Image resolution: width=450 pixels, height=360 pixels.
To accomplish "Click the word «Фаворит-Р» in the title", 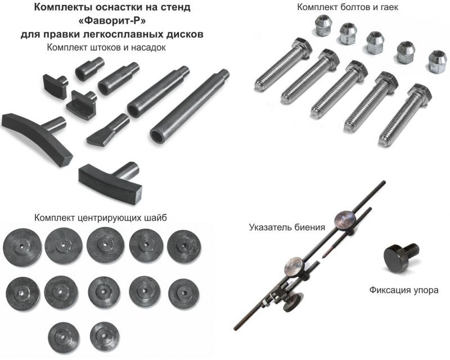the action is [112, 21].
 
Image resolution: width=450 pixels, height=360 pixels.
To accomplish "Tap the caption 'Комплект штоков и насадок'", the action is [106, 47].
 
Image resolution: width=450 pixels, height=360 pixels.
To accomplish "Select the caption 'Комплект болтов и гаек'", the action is [348, 7].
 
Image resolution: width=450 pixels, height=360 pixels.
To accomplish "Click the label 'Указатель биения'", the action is [287, 227].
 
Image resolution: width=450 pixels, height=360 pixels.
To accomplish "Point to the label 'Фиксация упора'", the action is [404, 290].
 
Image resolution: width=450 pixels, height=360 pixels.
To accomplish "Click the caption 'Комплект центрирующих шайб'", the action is [101, 218].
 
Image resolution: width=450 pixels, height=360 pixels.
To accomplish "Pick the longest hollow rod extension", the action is [190, 106].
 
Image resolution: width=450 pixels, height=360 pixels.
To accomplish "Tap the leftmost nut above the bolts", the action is [323, 25].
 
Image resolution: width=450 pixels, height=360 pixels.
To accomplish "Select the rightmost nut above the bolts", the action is [438, 61].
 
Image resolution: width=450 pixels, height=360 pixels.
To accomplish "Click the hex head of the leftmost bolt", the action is [301, 47].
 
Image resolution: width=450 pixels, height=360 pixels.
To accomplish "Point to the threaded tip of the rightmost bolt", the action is [385, 141].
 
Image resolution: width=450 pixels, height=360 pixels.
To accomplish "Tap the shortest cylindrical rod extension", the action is [89, 69].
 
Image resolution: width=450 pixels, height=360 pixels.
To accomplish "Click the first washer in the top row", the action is [22, 247].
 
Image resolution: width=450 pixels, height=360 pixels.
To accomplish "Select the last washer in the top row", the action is [184, 246].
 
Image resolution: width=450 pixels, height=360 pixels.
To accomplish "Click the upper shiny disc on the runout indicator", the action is [345, 220].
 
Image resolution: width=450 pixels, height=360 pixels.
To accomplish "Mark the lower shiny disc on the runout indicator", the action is [294, 267].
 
